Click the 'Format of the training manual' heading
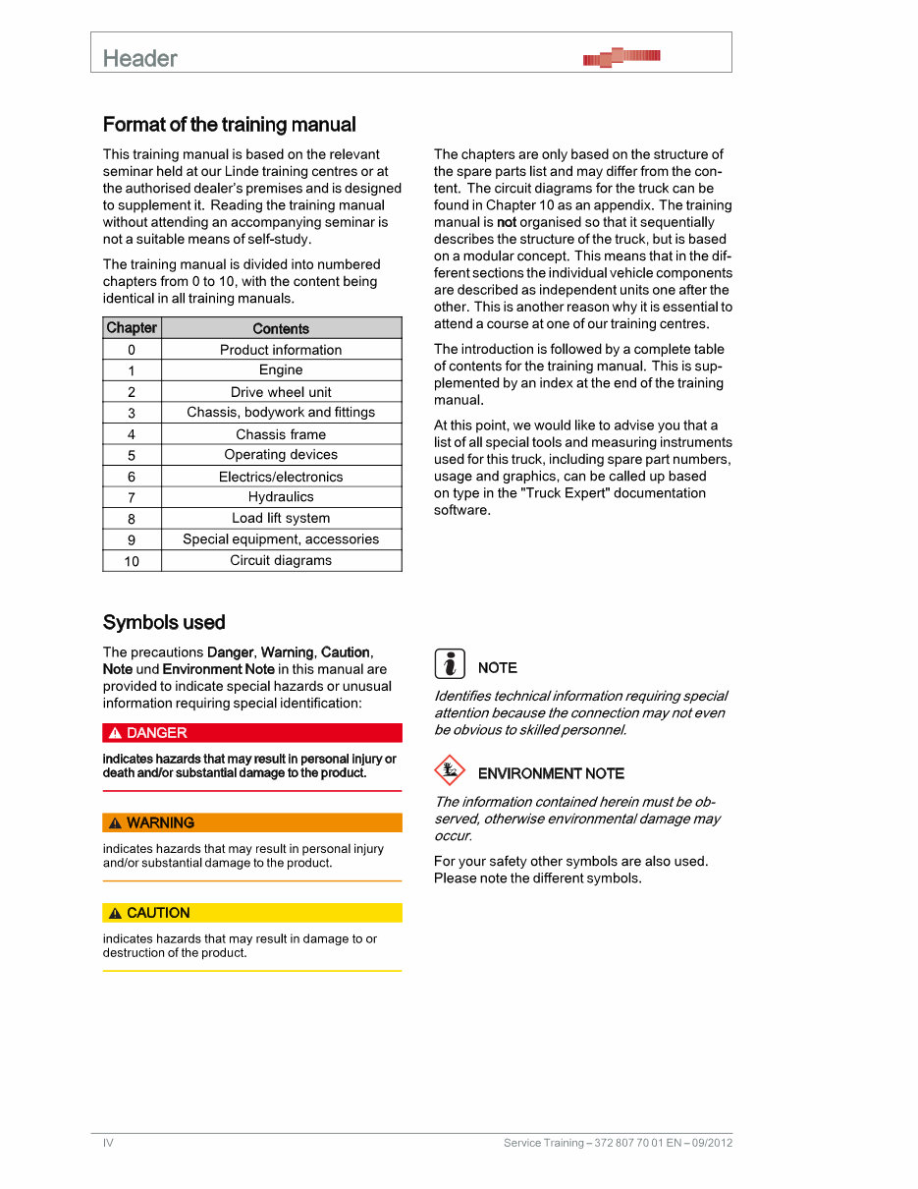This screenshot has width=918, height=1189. click(x=229, y=125)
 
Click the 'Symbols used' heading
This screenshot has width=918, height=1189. click(x=164, y=622)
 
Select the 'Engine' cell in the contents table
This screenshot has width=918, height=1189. click(x=281, y=370)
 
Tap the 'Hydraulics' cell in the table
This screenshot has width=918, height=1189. click(x=281, y=497)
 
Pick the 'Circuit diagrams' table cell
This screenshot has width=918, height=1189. click(x=281, y=560)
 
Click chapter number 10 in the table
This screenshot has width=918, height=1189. click(x=132, y=561)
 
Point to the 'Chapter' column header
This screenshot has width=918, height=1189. click(x=132, y=328)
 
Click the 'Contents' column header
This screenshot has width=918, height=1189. click(x=281, y=329)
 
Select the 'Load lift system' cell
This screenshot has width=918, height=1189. click(x=281, y=518)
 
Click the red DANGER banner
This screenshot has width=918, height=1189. click(x=252, y=733)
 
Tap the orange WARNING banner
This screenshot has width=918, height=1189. click(x=252, y=822)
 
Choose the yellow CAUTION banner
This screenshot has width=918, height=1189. click(x=252, y=913)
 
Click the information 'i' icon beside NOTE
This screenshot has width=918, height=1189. click(x=450, y=665)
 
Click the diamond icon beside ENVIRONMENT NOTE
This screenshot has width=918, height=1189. click(x=449, y=770)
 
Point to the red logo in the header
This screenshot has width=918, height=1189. click(x=621, y=57)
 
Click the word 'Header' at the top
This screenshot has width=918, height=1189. click(x=140, y=59)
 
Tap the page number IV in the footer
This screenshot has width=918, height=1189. click(x=109, y=1143)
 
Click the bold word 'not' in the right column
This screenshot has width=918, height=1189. click(x=507, y=222)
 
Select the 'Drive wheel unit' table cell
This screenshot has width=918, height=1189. click(x=281, y=392)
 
